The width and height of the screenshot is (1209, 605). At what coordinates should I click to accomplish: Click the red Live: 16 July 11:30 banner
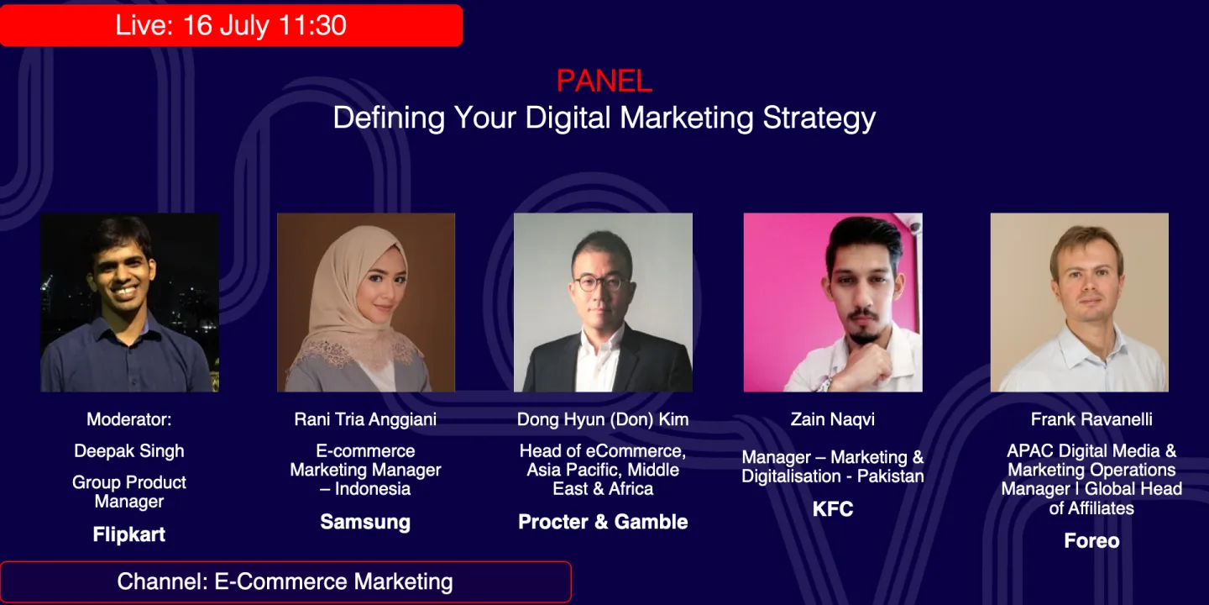(x=231, y=25)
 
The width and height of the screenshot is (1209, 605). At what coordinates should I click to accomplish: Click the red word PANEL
(x=604, y=81)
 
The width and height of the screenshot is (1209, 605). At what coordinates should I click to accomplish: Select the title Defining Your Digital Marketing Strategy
(x=604, y=118)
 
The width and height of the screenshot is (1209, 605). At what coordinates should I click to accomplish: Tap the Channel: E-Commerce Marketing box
(x=285, y=581)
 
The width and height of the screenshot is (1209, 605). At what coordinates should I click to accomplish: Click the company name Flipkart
(x=129, y=534)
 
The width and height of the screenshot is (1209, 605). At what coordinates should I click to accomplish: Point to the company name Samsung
(x=365, y=522)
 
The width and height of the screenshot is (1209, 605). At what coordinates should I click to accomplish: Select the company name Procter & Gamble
(x=603, y=522)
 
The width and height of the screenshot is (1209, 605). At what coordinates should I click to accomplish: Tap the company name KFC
(x=833, y=509)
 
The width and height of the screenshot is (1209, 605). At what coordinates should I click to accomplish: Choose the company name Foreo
(x=1091, y=540)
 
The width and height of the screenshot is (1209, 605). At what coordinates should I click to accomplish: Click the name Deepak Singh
(x=129, y=450)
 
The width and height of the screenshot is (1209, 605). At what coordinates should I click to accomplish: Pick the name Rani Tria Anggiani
(x=365, y=418)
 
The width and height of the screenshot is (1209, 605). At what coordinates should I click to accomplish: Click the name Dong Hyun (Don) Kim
(x=603, y=418)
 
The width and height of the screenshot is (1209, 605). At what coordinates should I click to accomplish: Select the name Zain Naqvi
(x=833, y=418)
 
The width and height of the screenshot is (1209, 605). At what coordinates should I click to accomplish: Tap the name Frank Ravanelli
(x=1091, y=418)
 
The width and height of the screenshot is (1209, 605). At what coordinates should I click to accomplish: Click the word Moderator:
(x=129, y=418)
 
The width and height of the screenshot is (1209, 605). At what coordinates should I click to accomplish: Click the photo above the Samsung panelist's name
(x=366, y=302)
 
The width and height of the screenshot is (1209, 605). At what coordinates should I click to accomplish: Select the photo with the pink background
(x=833, y=302)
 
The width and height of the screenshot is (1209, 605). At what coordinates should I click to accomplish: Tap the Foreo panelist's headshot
(x=1080, y=302)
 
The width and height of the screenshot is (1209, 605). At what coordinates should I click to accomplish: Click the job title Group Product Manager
(x=129, y=492)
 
